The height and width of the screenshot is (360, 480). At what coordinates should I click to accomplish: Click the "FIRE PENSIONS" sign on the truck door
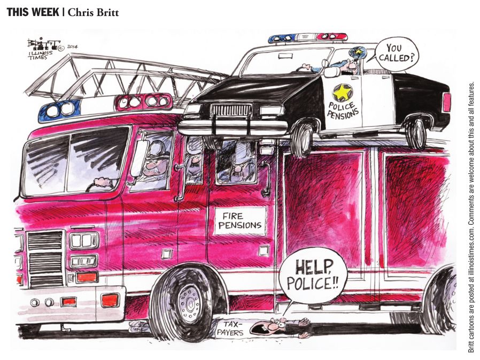tap(241, 220)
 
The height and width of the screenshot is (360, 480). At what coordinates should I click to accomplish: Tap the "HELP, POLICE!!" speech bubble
tap(313, 274)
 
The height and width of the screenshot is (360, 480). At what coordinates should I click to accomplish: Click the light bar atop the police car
tap(307, 37)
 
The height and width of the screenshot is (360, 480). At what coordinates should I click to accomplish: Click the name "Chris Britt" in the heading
tap(93, 12)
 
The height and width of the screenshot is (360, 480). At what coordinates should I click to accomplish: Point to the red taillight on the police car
tap(446, 102)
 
